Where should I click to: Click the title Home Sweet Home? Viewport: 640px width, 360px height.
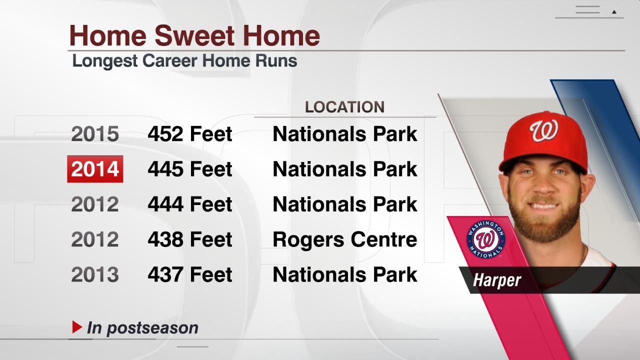(x=194, y=35)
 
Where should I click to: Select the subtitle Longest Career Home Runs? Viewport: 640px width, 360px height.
(x=184, y=61)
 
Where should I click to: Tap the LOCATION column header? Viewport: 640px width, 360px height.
(x=344, y=107)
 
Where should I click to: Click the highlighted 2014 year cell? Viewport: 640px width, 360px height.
(x=95, y=169)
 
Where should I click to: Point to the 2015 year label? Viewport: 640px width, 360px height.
(x=95, y=134)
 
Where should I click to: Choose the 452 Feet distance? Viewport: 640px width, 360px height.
(x=190, y=134)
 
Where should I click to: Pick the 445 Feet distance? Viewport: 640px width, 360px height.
(x=190, y=169)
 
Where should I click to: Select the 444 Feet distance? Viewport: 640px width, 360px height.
(x=190, y=204)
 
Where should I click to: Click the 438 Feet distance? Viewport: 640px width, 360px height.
(x=190, y=239)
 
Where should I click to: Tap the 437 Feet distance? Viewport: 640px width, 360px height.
(x=190, y=274)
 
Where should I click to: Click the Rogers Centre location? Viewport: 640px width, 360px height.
(x=344, y=239)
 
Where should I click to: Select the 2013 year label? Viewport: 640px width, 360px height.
(x=95, y=274)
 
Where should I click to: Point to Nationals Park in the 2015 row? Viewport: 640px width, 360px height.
(x=344, y=134)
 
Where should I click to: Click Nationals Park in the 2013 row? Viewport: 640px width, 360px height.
(x=344, y=274)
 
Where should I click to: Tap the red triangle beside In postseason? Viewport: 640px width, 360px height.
(x=77, y=327)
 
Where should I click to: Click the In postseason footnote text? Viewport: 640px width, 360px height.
(x=142, y=328)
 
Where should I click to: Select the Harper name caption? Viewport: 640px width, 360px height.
(x=497, y=280)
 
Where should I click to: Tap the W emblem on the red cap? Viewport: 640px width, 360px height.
(x=543, y=131)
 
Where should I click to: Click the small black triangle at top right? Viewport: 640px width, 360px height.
(x=614, y=12)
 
